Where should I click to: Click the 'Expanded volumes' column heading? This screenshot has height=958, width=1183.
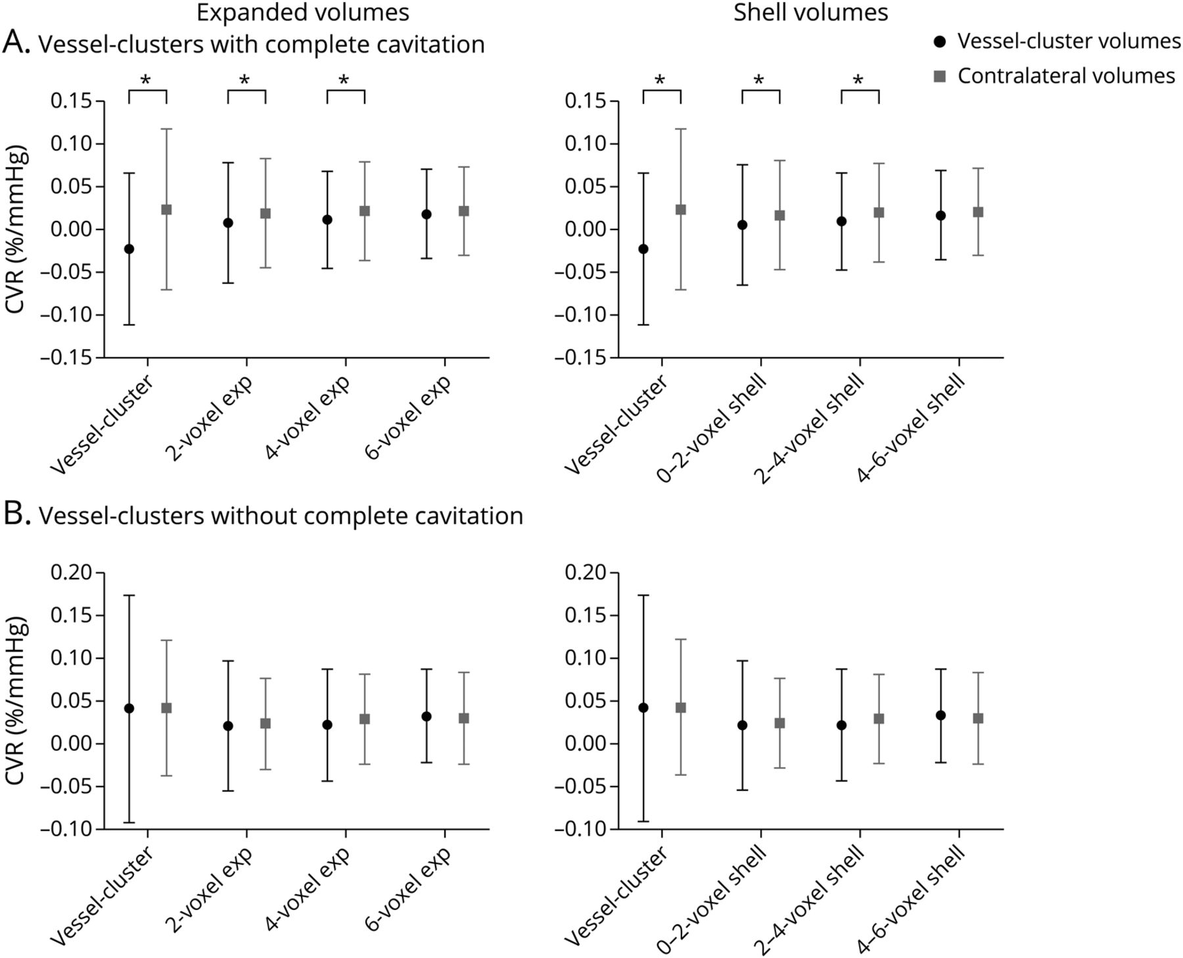[x=302, y=12]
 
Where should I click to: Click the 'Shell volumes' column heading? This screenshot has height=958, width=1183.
[x=810, y=12]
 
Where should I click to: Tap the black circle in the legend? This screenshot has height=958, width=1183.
[x=940, y=42]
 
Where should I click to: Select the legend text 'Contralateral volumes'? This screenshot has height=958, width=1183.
[x=1065, y=76]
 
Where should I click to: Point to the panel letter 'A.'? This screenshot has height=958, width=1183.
[x=16, y=43]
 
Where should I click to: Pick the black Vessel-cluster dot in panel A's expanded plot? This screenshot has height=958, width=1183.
[x=129, y=249]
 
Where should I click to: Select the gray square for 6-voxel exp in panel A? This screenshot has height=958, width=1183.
[x=463, y=211]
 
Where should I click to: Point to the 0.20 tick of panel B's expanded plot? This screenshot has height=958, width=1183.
[x=72, y=573]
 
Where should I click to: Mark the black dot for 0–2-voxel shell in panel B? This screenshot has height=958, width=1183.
[x=742, y=725]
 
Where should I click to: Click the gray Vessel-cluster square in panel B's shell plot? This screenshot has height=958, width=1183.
[x=681, y=707]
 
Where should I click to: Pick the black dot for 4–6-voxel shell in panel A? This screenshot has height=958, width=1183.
[x=941, y=215]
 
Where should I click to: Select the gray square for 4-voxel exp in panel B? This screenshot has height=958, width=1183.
[x=365, y=719]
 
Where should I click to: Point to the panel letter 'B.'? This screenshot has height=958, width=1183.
[x=16, y=515]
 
